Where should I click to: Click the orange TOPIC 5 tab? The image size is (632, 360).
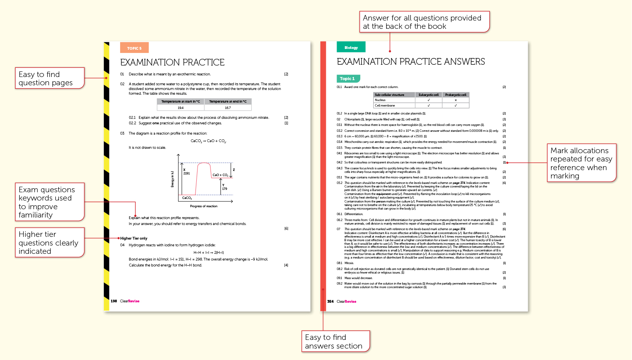(134, 48)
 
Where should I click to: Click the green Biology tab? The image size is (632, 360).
(351, 47)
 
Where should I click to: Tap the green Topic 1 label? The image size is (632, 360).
(348, 79)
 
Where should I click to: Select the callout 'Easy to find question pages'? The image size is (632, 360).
(49, 78)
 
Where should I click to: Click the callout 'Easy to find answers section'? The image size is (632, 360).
(335, 341)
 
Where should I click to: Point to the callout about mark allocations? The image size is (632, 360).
(581, 163)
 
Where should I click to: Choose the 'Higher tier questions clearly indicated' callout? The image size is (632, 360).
(49, 242)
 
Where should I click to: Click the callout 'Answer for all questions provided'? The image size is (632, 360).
(424, 22)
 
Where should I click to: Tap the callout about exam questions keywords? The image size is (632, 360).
(49, 202)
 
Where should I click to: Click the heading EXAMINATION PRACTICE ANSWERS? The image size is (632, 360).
(410, 62)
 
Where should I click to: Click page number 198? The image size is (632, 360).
(114, 301)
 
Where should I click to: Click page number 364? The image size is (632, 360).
(330, 301)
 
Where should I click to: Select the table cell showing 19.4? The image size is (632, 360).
(181, 107)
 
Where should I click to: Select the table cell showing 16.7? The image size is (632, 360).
(228, 107)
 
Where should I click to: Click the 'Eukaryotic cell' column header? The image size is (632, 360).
(429, 95)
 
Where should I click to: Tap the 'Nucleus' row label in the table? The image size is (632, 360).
(380, 100)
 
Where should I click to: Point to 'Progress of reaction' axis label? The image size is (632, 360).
(203, 206)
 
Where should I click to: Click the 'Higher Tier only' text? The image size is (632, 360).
(134, 238)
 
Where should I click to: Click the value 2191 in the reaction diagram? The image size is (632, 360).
(186, 173)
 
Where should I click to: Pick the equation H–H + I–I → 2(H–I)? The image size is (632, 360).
(209, 252)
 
